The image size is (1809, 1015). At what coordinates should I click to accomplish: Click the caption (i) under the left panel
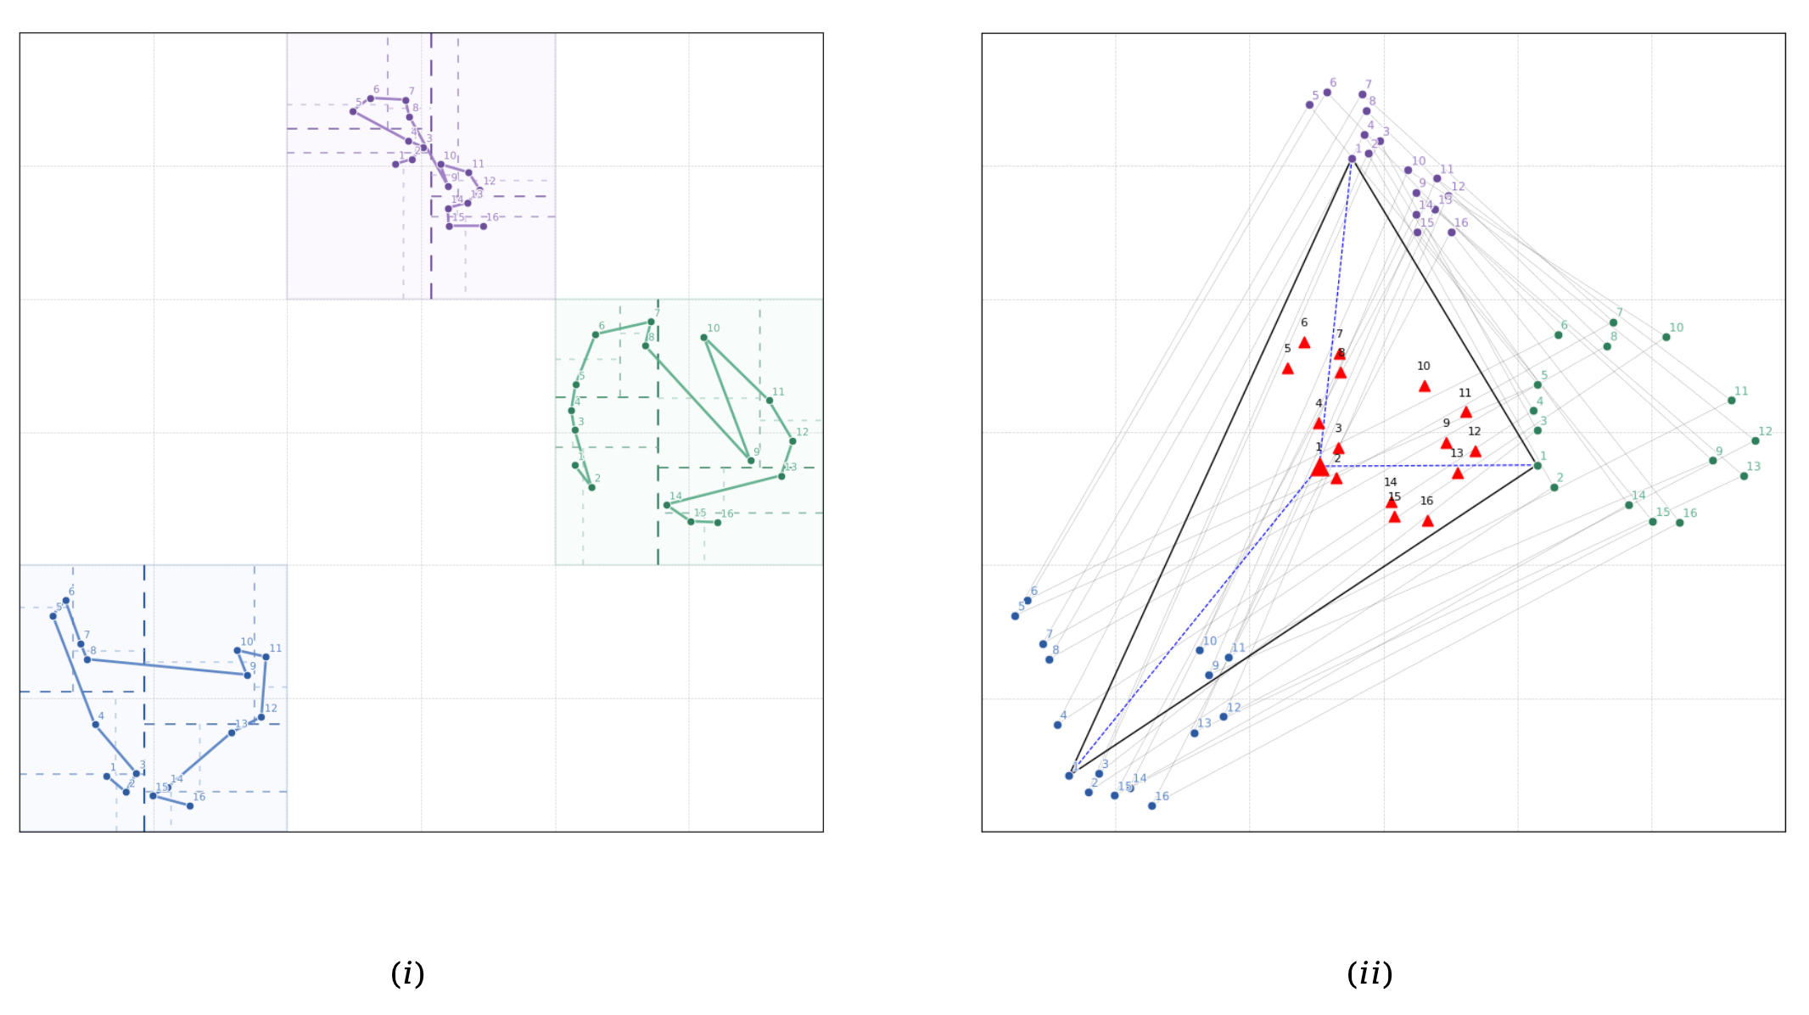tap(407, 973)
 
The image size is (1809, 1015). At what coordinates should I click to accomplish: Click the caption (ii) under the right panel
tap(1369, 973)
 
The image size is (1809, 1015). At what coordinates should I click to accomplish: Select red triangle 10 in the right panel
tap(1425, 386)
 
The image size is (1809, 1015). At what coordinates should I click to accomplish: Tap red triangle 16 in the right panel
tap(1428, 521)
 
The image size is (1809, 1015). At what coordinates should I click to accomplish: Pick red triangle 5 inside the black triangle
tap(1288, 368)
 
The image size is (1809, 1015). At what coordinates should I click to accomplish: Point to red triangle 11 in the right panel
tap(1466, 412)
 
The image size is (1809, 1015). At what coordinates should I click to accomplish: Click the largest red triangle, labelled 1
tap(1319, 468)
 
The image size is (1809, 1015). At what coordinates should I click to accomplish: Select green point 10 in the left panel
tap(704, 338)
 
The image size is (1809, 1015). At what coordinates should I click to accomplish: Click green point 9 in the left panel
tap(751, 461)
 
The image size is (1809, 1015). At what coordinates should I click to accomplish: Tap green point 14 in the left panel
tap(667, 505)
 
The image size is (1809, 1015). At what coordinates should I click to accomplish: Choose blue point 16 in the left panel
tap(190, 805)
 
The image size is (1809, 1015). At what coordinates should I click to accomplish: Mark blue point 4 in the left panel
tap(96, 725)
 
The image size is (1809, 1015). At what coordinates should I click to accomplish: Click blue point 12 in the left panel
tap(261, 717)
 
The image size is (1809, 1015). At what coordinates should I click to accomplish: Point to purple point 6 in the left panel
tap(371, 98)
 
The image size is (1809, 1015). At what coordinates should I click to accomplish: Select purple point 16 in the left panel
tap(484, 227)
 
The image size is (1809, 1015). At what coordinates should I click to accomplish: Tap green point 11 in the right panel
tap(1732, 401)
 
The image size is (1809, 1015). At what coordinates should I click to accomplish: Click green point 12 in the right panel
tap(1756, 441)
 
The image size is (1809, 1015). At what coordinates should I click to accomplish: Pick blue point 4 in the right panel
tap(1058, 725)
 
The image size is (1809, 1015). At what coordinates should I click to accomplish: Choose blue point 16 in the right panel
tap(1152, 805)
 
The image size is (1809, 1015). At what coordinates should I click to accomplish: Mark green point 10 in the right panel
tap(1666, 337)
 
